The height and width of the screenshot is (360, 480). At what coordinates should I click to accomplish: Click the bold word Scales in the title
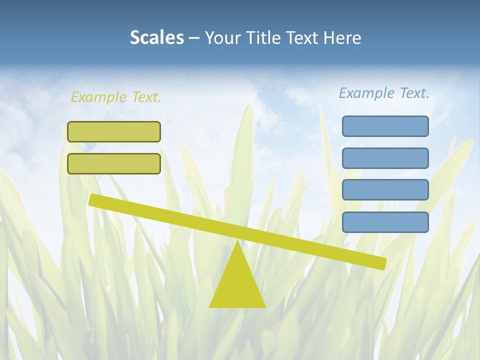tap(156, 37)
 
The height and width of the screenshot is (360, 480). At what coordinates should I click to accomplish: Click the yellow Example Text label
tap(116, 97)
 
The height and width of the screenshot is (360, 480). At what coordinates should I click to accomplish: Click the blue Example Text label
tap(384, 93)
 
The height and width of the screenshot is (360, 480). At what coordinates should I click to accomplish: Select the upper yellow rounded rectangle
tap(114, 131)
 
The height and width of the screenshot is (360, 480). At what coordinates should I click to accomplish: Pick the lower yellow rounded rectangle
tap(114, 163)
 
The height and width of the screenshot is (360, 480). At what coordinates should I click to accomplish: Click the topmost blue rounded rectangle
tap(385, 126)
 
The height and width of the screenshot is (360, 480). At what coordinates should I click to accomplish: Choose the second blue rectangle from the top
tap(385, 158)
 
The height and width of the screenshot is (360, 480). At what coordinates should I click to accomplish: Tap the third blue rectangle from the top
tap(385, 190)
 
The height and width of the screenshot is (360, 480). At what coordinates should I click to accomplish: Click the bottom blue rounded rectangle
tap(385, 222)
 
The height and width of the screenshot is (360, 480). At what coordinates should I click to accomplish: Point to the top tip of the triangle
tap(237, 242)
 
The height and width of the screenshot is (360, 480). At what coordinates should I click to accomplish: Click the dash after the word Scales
tap(194, 38)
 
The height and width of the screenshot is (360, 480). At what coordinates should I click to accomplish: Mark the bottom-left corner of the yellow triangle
tap(210, 306)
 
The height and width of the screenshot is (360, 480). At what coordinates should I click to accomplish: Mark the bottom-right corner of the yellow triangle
tap(265, 306)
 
